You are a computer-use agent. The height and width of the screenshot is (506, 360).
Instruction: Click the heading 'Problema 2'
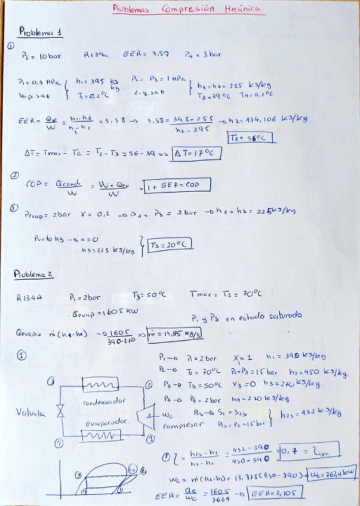35,273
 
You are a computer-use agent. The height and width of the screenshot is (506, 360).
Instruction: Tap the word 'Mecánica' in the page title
242,9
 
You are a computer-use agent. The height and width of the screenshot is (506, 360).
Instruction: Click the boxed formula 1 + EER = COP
177,186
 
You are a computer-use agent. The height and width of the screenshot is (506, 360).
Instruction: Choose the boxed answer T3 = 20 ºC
162,245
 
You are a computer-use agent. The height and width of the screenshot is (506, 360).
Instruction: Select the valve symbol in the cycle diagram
60,411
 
